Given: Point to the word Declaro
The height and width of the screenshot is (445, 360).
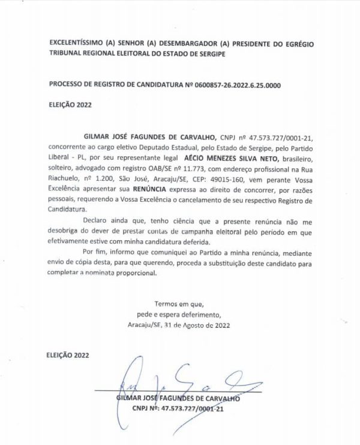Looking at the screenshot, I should coord(95,222).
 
